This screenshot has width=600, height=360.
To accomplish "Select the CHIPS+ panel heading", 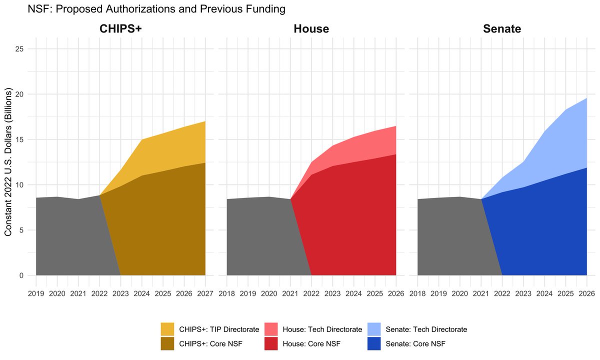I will [x=120, y=29].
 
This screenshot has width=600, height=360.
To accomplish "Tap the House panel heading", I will [x=311, y=29].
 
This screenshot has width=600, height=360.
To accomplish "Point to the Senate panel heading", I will [x=502, y=29].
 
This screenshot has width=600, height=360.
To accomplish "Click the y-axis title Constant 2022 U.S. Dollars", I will [x=8, y=162].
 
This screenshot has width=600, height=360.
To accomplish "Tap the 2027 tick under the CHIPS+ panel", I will [x=205, y=294].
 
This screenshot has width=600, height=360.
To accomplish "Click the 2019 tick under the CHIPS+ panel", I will [x=36, y=294].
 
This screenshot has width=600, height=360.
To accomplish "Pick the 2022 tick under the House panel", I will [x=311, y=294].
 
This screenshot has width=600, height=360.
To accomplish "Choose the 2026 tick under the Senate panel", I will [x=587, y=294].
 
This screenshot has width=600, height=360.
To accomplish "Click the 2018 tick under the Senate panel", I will [x=417, y=294].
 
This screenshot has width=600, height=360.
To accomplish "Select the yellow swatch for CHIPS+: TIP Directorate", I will [x=167, y=329].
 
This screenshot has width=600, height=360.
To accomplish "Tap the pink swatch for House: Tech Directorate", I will [x=271, y=329].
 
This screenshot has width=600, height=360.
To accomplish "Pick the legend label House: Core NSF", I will [x=310, y=343].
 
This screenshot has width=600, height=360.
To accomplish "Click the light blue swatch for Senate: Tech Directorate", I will [x=374, y=329].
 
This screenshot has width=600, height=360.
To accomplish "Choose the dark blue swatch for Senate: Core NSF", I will [x=374, y=343].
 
